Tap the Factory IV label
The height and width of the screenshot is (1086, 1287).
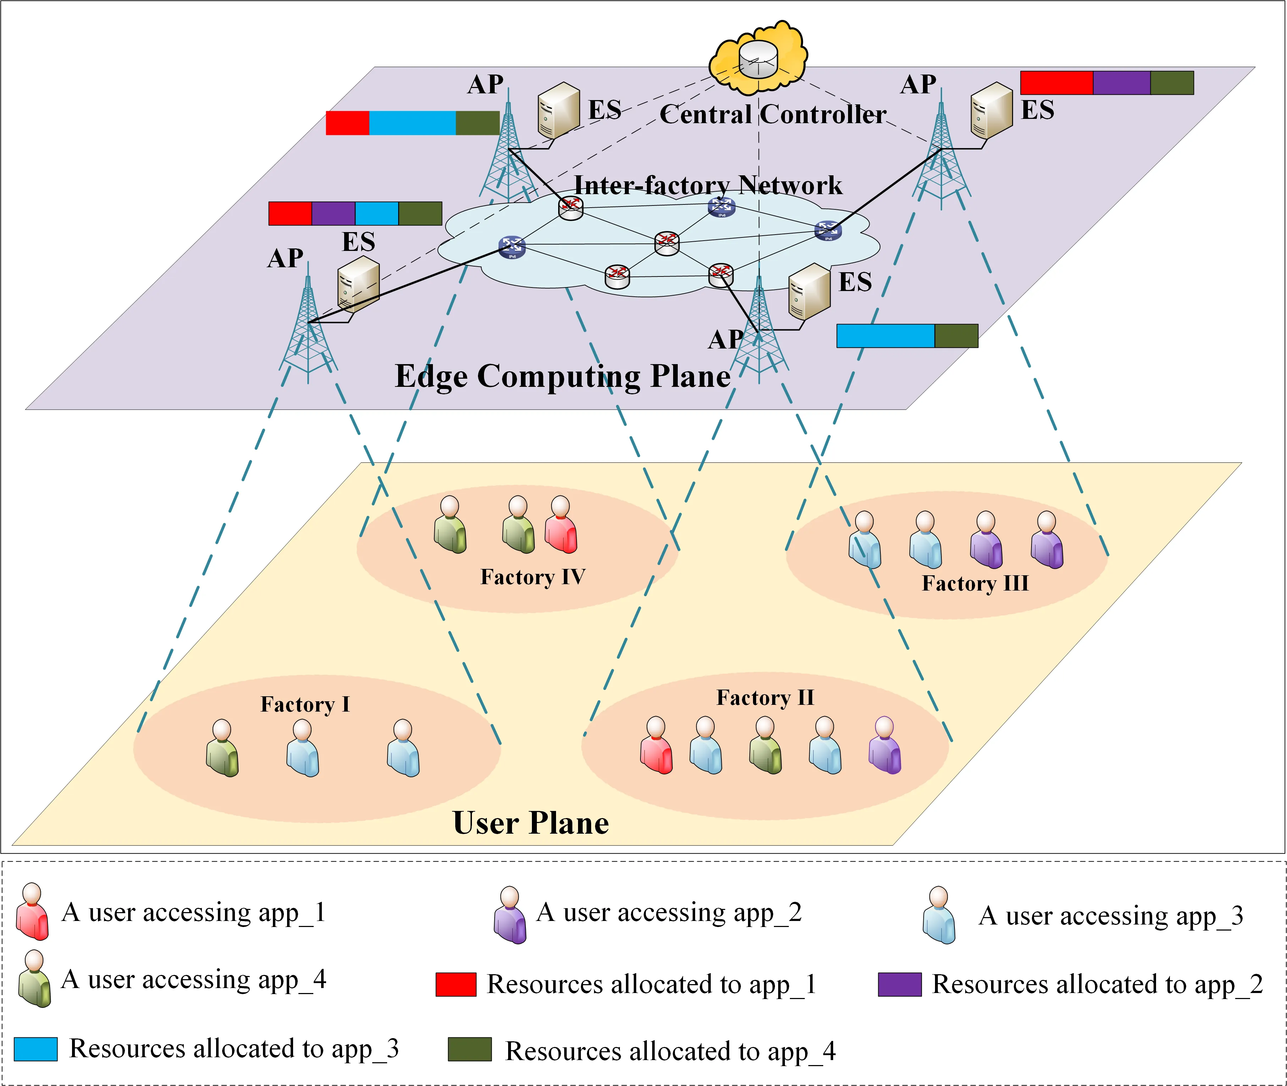tap(532, 577)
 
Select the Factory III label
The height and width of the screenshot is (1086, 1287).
tap(975, 583)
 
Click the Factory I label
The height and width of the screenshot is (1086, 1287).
tap(305, 704)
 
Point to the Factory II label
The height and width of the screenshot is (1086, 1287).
tap(765, 697)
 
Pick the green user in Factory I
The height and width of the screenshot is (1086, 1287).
tap(222, 748)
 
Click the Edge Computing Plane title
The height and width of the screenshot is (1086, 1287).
tap(562, 376)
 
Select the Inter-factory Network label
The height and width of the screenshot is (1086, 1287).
tap(708, 185)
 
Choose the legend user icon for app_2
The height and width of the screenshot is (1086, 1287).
tap(510, 915)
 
